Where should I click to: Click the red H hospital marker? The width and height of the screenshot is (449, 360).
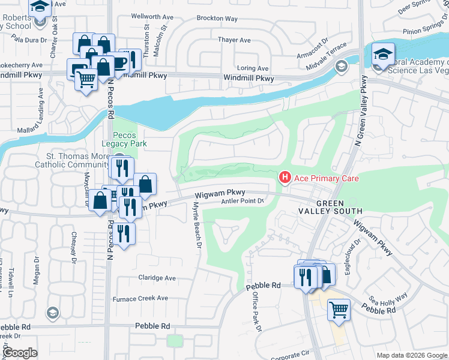click(x=285, y=178)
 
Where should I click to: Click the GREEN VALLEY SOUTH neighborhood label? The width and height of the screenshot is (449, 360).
click(x=331, y=207)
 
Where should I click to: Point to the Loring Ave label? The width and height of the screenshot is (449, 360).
click(x=253, y=68)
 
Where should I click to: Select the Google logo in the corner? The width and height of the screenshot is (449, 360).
click(x=20, y=353)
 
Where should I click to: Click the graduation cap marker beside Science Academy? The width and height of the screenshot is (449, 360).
click(x=382, y=53)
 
